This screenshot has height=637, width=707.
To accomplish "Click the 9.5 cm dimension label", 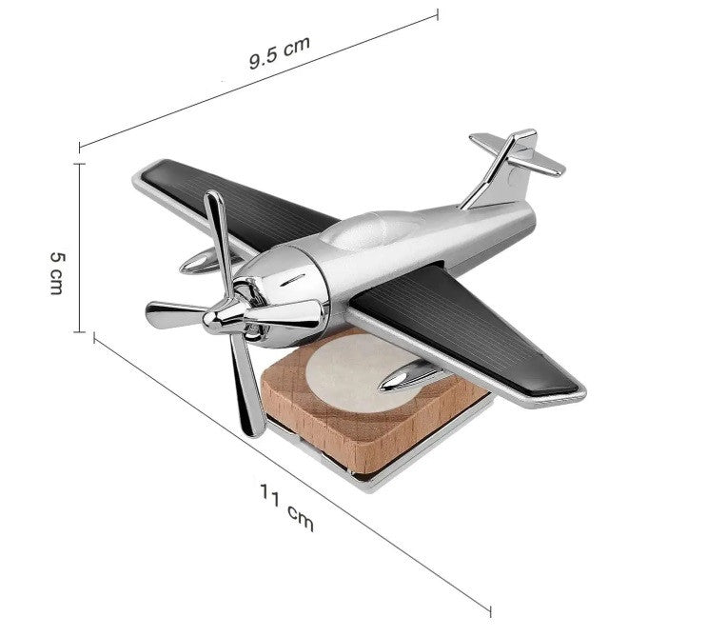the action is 280,52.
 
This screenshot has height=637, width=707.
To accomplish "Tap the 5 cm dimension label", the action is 57,273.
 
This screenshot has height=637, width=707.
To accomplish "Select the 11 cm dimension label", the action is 286,508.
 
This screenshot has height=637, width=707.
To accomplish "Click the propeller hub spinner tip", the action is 207,320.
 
